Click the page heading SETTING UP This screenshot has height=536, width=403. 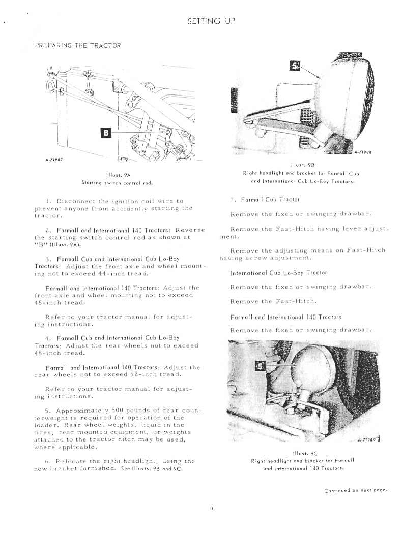click(210, 21)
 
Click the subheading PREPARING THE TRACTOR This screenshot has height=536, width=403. click(77, 45)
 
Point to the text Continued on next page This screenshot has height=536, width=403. click(356, 490)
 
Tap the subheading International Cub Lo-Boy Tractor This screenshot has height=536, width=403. click(278, 273)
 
